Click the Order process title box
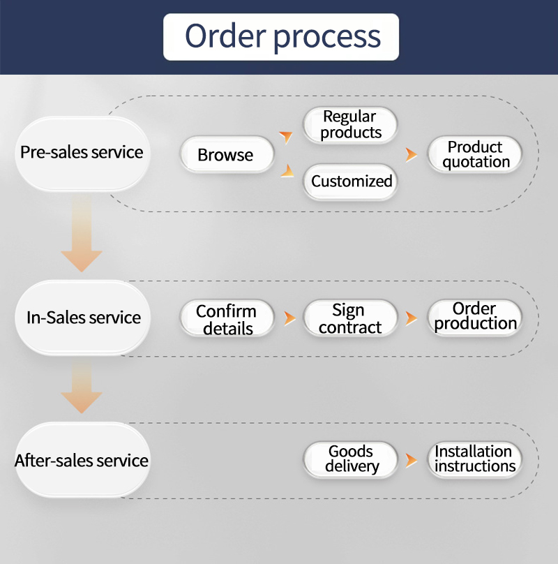281,36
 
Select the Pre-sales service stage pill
82,153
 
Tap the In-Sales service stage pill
83,318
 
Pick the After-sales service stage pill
82,461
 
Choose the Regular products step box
350,125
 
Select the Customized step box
351,181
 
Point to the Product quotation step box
475,154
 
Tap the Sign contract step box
350,318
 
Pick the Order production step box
475,316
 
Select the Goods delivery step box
351,459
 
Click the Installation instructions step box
475,459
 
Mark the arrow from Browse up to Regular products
286,135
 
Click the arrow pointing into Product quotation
412,154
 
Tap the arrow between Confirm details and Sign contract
289,318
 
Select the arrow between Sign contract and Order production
412,318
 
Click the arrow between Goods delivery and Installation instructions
412,460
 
